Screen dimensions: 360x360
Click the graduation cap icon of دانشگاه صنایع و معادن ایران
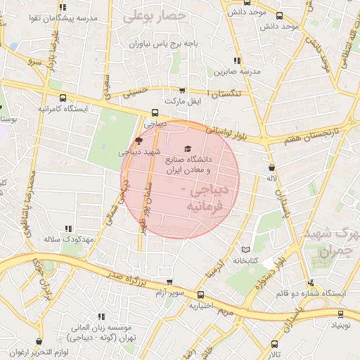[x=187, y=149]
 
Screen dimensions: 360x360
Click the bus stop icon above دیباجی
[x=155, y=112]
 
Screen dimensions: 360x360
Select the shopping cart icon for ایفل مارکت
[x=184, y=91]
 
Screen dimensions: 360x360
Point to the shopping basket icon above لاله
[x=271, y=167]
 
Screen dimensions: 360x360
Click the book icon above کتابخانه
[x=245, y=250]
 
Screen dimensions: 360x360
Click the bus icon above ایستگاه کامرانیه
[x=64, y=98]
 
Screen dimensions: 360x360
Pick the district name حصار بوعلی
[x=154, y=15]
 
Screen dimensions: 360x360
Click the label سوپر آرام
[x=172, y=292]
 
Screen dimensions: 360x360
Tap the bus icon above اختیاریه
[x=200, y=295]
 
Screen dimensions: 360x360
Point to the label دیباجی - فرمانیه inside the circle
[x=204, y=199]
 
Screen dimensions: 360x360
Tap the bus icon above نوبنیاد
[x=341, y=314]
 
